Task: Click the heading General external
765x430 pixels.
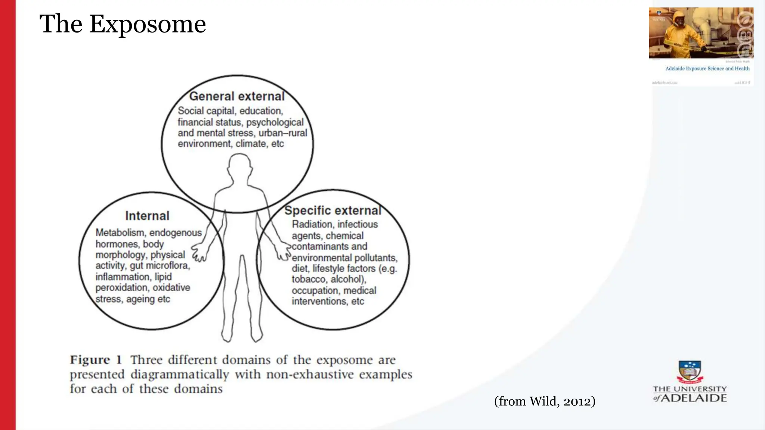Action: pyautogui.click(x=237, y=96)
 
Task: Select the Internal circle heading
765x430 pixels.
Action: pyautogui.click(x=147, y=216)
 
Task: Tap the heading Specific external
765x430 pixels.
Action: pyautogui.click(x=332, y=211)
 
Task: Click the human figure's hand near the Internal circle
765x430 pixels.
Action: pyautogui.click(x=199, y=253)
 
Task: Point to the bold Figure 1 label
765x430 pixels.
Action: pyautogui.click(x=96, y=360)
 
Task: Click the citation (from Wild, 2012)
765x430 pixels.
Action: pyautogui.click(x=544, y=401)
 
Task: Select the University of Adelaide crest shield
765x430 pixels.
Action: pyautogui.click(x=690, y=372)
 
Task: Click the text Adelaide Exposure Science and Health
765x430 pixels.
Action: pyautogui.click(x=707, y=69)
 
